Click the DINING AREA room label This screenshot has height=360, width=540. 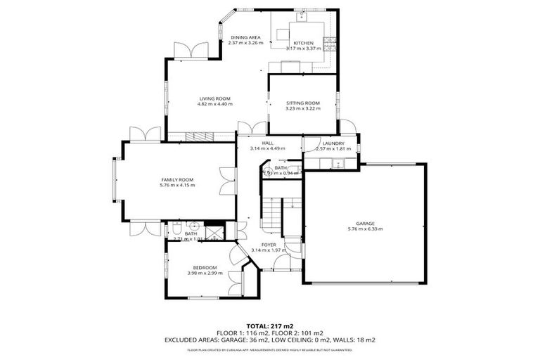pyautogui.click(x=245, y=37)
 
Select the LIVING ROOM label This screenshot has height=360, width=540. pyautogui.click(x=214, y=98)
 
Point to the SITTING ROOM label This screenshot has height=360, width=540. pyautogui.click(x=302, y=103)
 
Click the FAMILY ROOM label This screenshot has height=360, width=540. pyautogui.click(x=176, y=179)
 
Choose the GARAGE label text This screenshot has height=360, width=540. pyautogui.click(x=364, y=222)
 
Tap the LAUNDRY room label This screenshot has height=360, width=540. pyautogui.click(x=328, y=143)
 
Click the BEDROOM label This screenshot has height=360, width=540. pyautogui.click(x=205, y=267)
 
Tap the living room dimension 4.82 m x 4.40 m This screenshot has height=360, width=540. pyautogui.click(x=214, y=104)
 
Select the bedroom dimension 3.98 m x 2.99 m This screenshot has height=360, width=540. pyautogui.click(x=205, y=273)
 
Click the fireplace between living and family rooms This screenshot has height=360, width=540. pyautogui.click(x=202, y=136)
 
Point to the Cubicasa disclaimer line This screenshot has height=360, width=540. pyautogui.click(x=270, y=349)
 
